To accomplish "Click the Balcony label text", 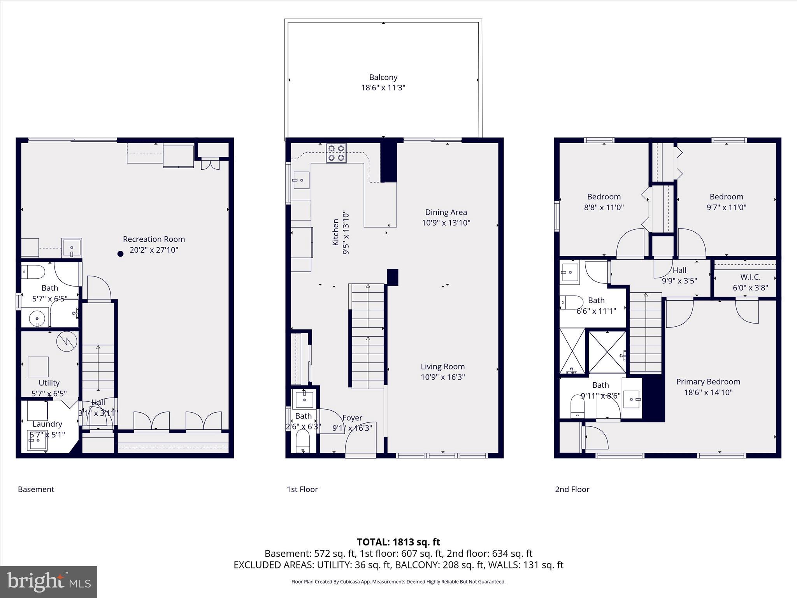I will coord(383,77).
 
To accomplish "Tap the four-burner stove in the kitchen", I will coord(336,153).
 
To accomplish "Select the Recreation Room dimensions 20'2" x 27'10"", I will coord(154,250).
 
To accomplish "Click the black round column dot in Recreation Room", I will coord(121,254).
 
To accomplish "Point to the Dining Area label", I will coord(446,212).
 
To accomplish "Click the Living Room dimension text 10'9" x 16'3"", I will coord(442,377).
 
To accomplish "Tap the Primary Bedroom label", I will coord(708,382).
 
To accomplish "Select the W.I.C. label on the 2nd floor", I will coord(750,277).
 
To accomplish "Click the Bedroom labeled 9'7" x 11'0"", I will coord(726,202).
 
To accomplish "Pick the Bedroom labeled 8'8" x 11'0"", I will coord(604,202).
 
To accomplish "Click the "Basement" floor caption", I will coord(36,489).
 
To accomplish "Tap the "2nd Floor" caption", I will coord(572,489).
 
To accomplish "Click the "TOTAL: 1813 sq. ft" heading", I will coord(398,542).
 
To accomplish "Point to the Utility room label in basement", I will coord(49,383).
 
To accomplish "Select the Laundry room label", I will coord(47,424).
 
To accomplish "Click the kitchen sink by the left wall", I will coord(301,180).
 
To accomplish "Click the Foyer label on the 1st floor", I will coord(352,418).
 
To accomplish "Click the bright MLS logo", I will coord(49,582).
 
